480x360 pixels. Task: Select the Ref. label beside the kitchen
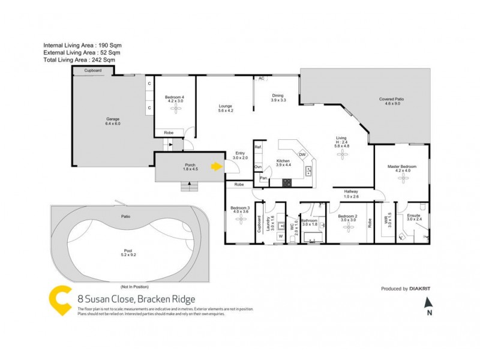tap(258, 147)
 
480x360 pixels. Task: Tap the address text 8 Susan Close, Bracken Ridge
tap(136, 298)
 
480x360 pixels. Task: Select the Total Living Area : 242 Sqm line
tap(79, 60)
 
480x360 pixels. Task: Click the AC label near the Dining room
tap(261, 79)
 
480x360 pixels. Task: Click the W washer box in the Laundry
tap(280, 236)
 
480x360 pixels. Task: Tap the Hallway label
tap(350, 192)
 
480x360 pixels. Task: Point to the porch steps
tap(190, 187)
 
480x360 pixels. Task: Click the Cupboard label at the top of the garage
tap(92, 71)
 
